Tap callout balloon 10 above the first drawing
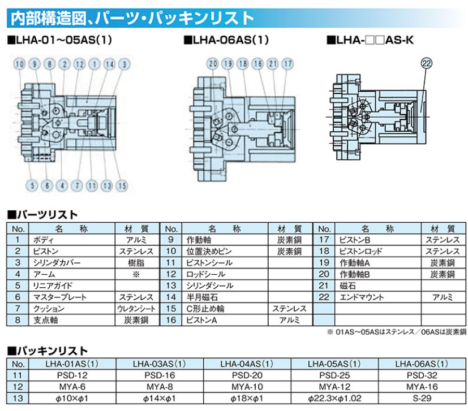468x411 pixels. click(x=20, y=64)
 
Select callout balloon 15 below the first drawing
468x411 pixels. click(x=122, y=185)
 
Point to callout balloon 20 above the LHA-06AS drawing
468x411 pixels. click(x=213, y=64)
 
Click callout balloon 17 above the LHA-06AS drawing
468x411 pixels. click(x=287, y=64)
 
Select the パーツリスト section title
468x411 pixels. click(x=45, y=215)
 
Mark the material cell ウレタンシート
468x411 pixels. click(x=135, y=309)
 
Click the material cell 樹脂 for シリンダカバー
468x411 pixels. click(x=135, y=263)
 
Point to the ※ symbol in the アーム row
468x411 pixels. click(x=135, y=274)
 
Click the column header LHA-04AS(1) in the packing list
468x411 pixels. click(x=246, y=364)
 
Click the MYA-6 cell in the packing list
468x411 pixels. click(x=71, y=386)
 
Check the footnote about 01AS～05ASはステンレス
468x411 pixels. click(x=396, y=332)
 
